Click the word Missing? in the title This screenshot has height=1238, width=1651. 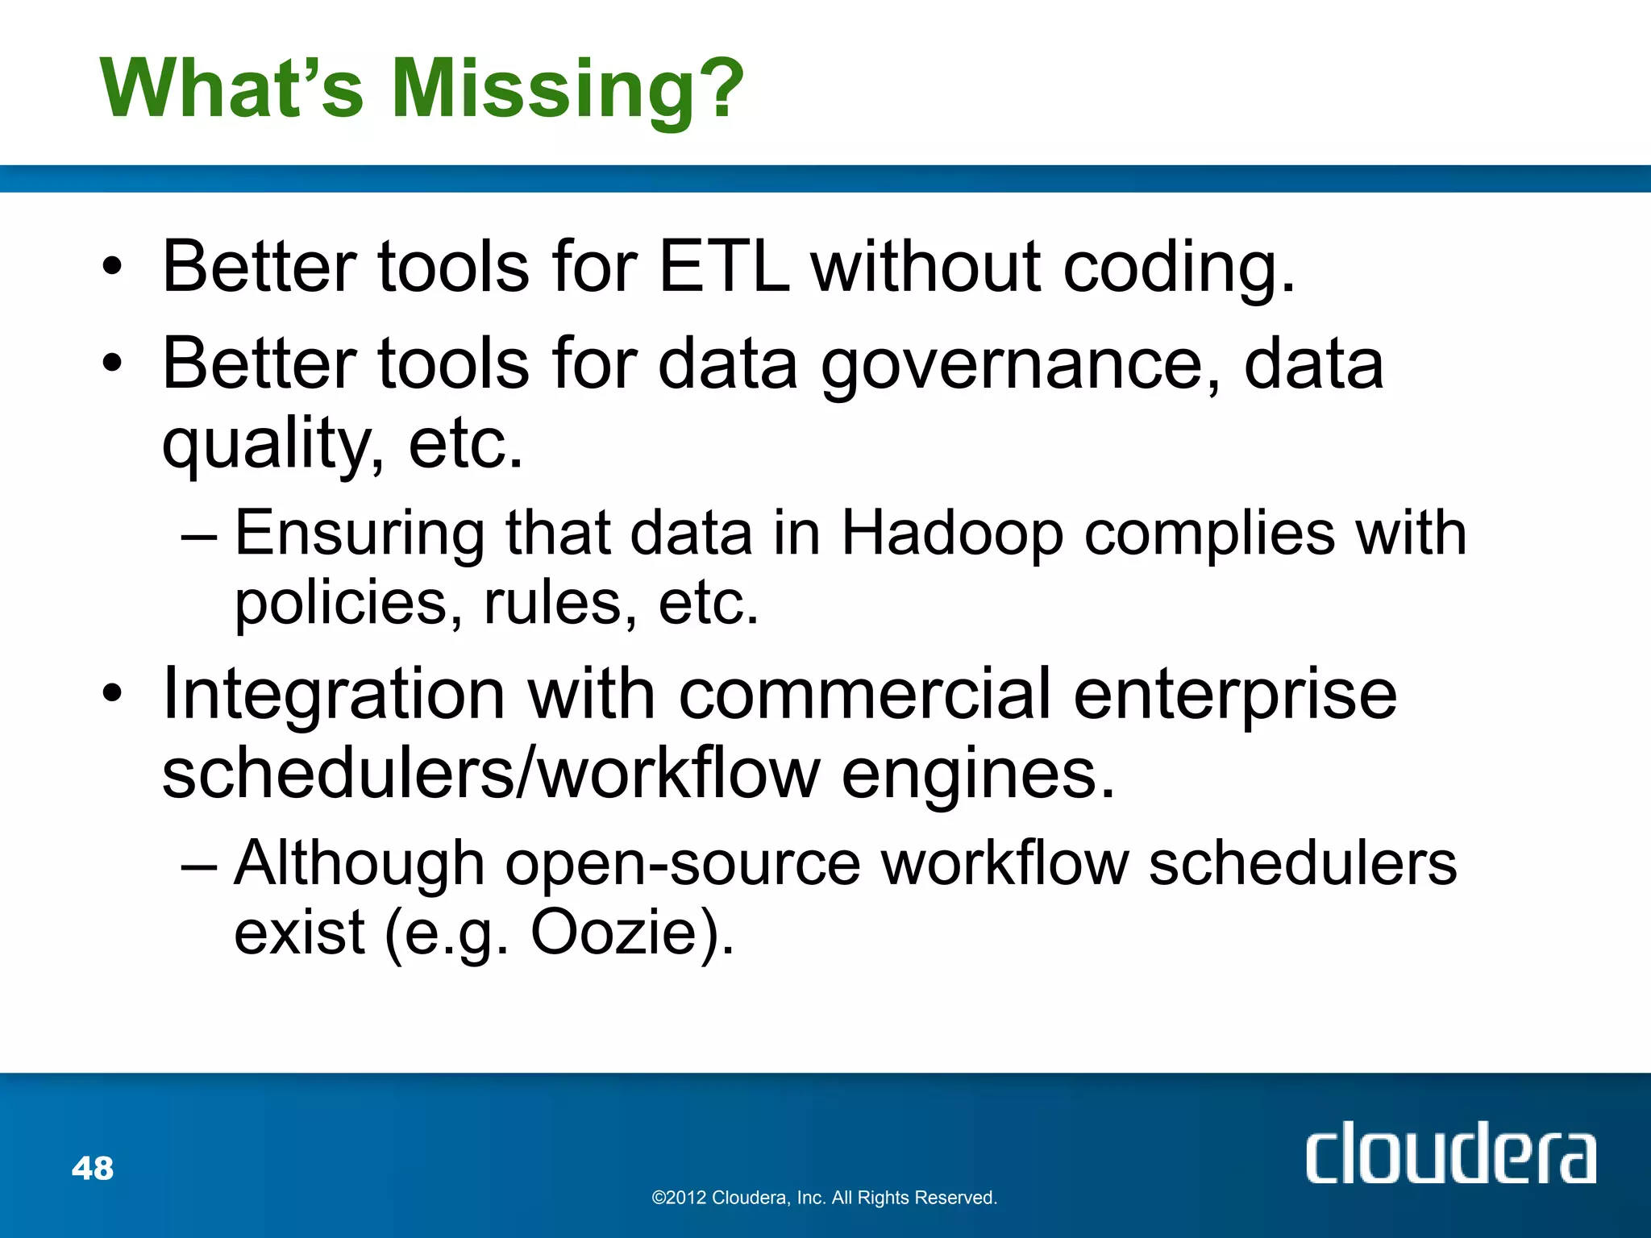[x=568, y=89]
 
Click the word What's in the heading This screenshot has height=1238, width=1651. [x=232, y=89]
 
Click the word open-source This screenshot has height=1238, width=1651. [x=683, y=863]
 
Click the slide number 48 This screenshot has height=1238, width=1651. [x=93, y=1168]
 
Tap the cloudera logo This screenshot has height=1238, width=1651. [x=1450, y=1153]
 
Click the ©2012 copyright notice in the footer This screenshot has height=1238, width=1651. [x=824, y=1198]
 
